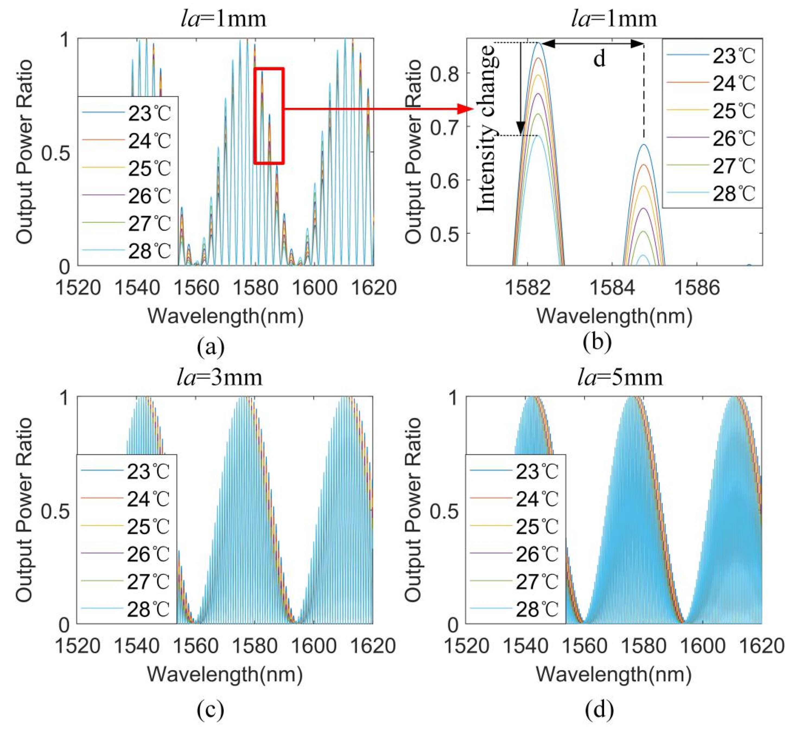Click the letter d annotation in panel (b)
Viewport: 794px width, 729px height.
(599, 59)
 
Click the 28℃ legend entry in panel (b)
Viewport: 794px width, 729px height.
(710, 194)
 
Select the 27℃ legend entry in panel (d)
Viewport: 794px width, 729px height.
(514, 582)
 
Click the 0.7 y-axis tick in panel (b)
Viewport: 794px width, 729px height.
(445, 127)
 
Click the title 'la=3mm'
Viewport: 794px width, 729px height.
(220, 378)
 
